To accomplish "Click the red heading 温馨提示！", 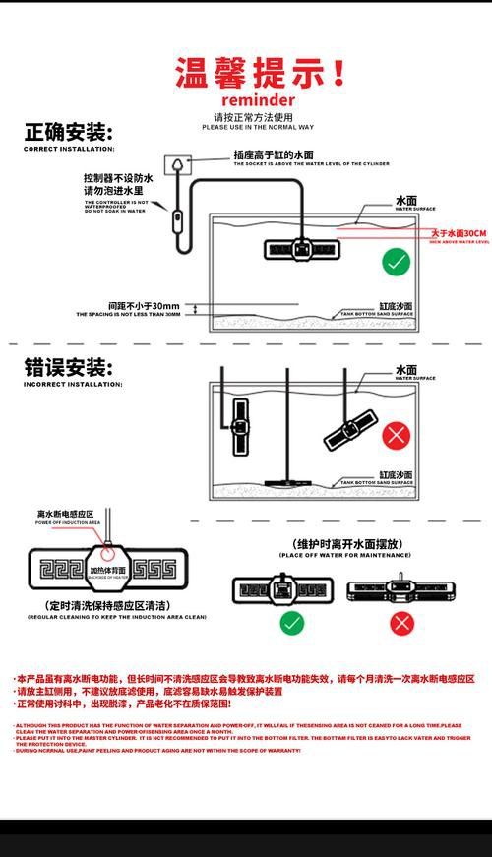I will tap(260, 74).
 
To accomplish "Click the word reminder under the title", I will tap(258, 101).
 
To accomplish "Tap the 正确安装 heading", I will tap(68, 133).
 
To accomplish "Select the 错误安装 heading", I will tap(68, 368).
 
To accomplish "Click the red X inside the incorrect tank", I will tap(397, 434).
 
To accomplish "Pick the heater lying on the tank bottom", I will tap(288, 481).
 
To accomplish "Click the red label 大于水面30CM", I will tap(459, 234).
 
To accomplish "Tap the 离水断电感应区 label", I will tap(65, 515).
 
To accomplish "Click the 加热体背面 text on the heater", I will tap(107, 571).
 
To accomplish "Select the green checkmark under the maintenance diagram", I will tap(292, 623).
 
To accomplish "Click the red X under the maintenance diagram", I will tap(401, 623).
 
